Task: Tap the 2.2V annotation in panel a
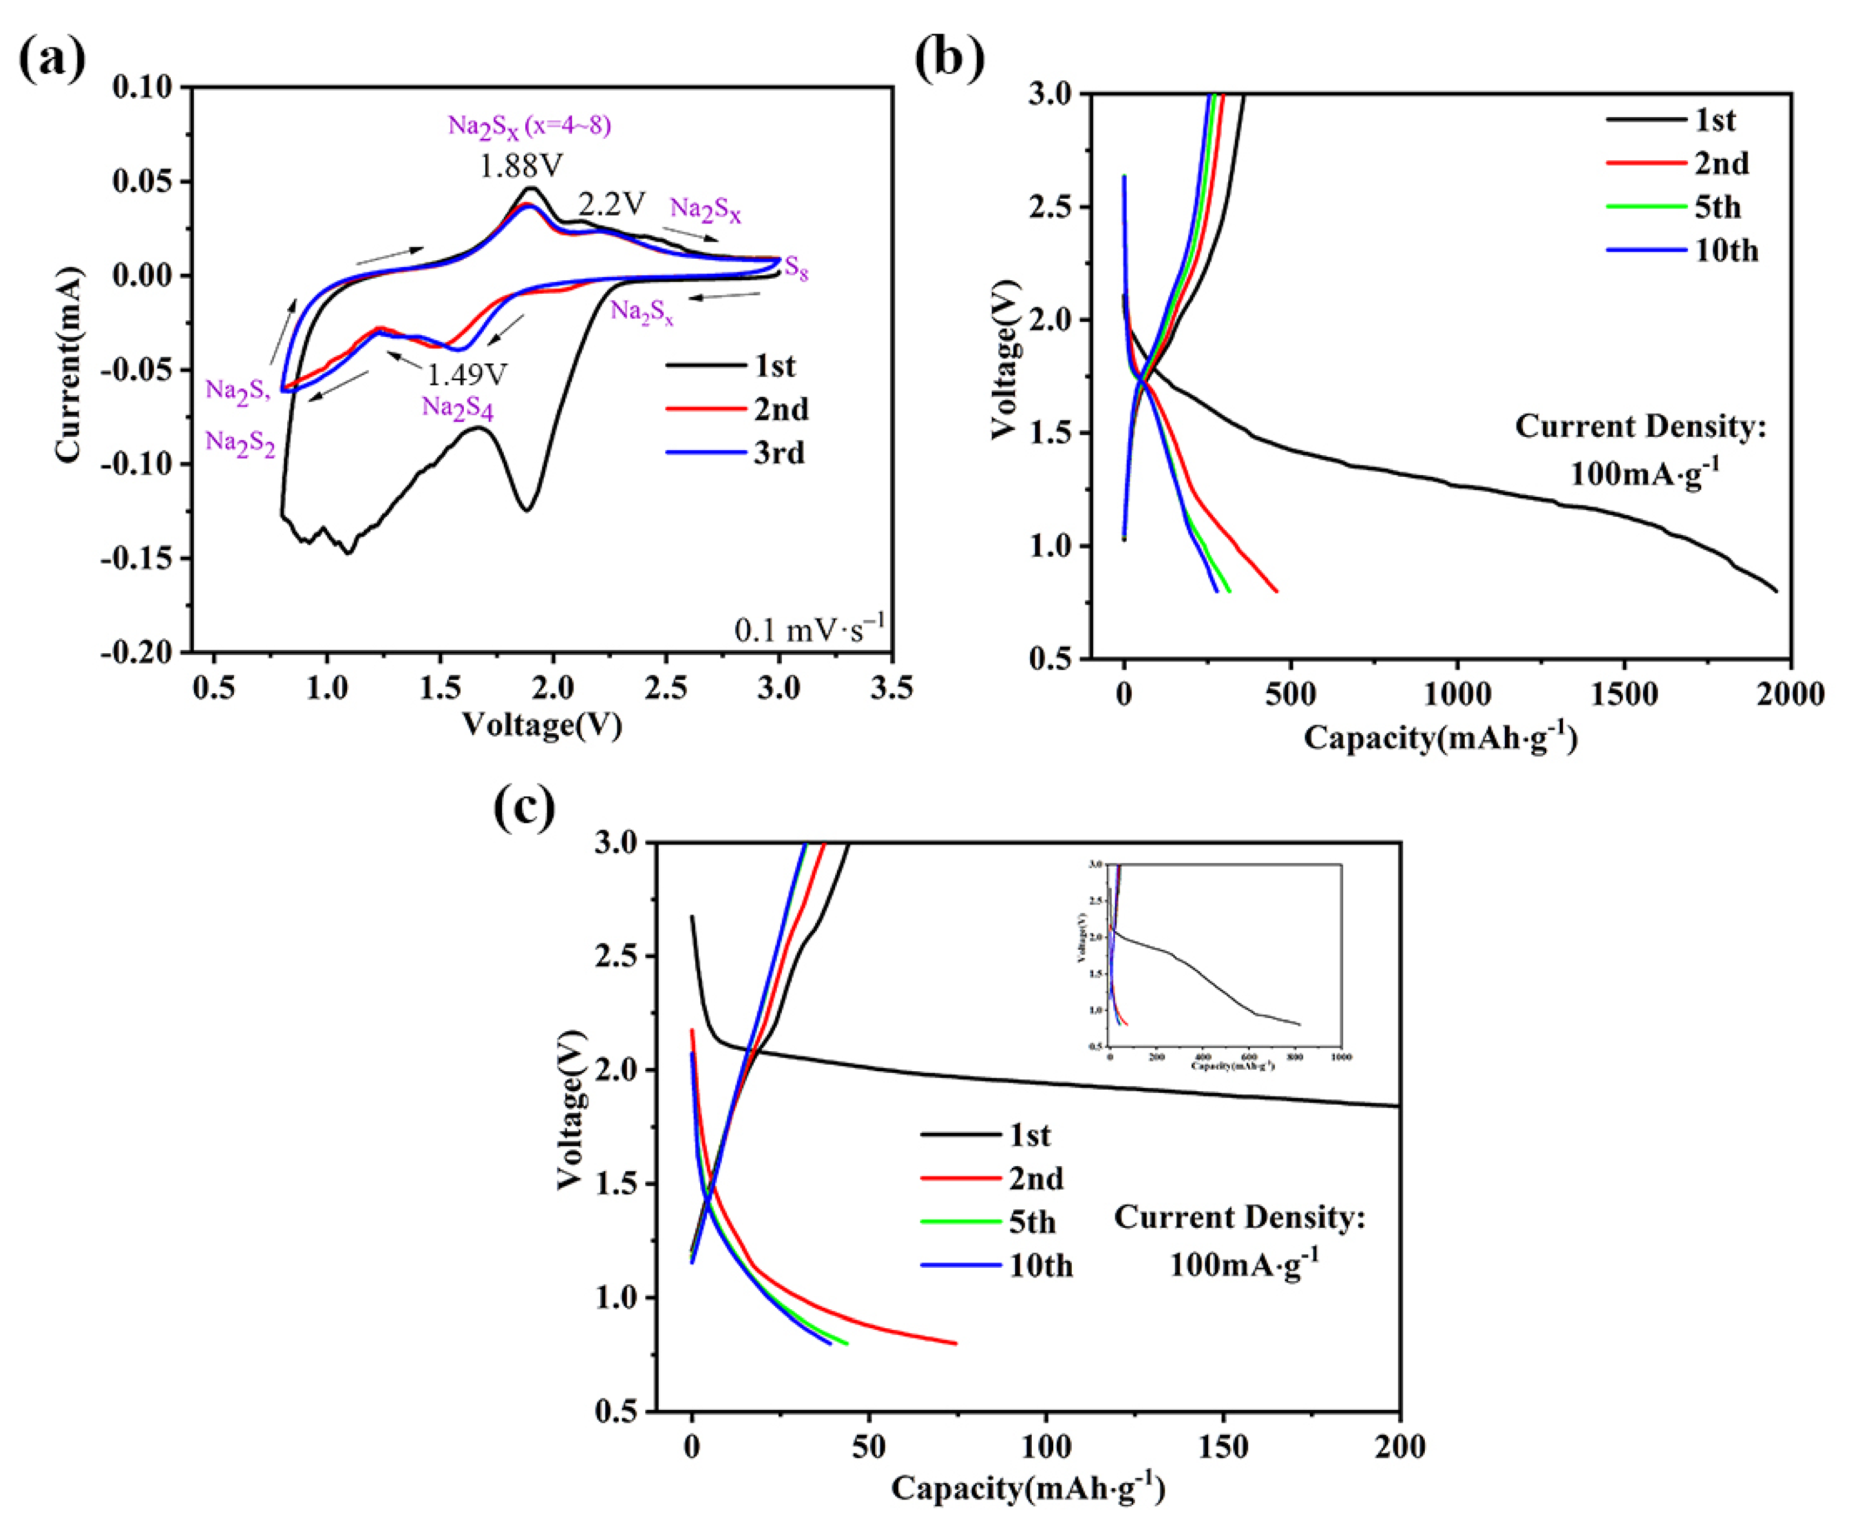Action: (x=612, y=204)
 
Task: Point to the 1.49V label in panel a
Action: (x=466, y=375)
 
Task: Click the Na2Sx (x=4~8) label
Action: (x=529, y=126)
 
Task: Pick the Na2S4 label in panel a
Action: (x=457, y=408)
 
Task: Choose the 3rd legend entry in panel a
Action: (x=779, y=452)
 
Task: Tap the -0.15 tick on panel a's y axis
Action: (x=139, y=558)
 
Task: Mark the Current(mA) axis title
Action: (x=69, y=363)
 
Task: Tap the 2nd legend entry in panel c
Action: (x=1036, y=1179)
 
